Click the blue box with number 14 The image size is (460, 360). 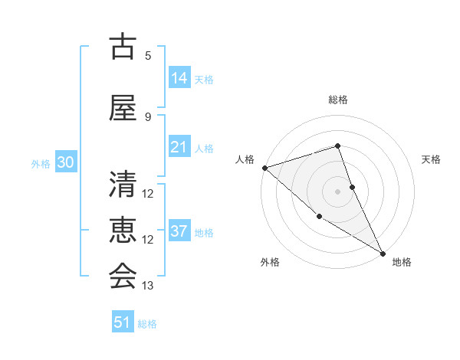pos(179,78)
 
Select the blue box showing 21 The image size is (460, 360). pos(179,147)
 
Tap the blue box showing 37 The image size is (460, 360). pos(179,231)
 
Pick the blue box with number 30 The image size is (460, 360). pos(65,162)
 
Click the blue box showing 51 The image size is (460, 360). pos(123,322)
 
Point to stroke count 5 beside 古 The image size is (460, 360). pos(148,55)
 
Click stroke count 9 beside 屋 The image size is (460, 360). pos(148,116)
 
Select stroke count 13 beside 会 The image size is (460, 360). pos(148,286)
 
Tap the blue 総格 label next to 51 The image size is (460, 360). pos(147,324)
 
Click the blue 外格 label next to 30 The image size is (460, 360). pos(41,163)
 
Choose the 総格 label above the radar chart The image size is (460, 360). pos(337,100)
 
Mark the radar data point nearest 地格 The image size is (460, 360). pos(383,252)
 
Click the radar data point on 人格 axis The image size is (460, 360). pos(264,168)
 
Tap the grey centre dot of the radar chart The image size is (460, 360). pos(337,191)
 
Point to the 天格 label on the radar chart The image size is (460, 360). pos(431,159)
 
